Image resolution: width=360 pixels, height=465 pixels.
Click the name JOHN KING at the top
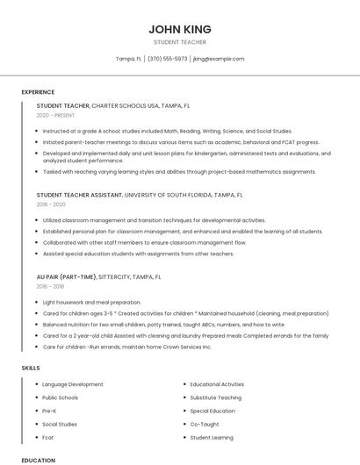pos(179,29)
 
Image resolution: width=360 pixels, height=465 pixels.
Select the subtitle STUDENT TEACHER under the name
pos(179,42)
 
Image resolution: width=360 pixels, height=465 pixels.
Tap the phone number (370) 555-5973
pos(167,59)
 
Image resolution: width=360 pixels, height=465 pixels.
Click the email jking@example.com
pos(219,59)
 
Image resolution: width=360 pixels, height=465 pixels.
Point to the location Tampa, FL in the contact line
pos(128,59)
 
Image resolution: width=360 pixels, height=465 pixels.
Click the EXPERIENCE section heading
pos(38,92)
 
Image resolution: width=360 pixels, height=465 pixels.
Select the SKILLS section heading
pos(31,368)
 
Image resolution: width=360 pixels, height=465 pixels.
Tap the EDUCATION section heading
pos(38,460)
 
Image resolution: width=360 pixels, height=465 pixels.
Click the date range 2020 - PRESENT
pos(55,115)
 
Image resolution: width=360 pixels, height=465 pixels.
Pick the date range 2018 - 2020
pos(51,204)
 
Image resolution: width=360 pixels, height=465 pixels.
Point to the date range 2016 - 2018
pos(50,286)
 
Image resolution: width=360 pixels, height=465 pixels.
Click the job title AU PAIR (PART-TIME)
pos(67,276)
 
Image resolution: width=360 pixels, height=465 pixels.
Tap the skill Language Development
pos(73,384)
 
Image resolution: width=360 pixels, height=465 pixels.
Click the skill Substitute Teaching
pos(216,397)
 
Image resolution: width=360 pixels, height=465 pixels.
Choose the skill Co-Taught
pos(205,424)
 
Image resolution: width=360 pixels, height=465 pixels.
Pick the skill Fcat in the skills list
pos(48,437)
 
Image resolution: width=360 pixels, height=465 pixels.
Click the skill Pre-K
pos(49,411)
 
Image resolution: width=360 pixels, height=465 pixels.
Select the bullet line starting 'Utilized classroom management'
pos(154,220)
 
